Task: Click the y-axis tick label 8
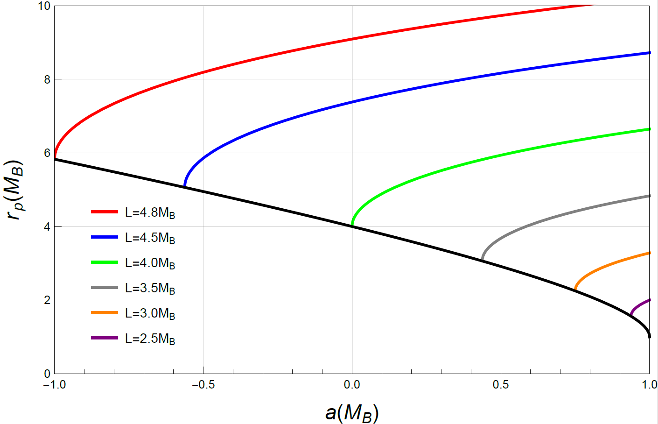[47, 79]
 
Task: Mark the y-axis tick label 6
[47, 153]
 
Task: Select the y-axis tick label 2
[47, 300]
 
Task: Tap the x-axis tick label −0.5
[203, 385]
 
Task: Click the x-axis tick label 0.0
[352, 385]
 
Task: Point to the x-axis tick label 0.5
[501, 385]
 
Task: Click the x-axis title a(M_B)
[352, 413]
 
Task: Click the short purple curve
[639, 305]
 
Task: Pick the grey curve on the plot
[560, 215]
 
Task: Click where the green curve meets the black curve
[352, 226]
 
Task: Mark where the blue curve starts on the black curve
[185, 187]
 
